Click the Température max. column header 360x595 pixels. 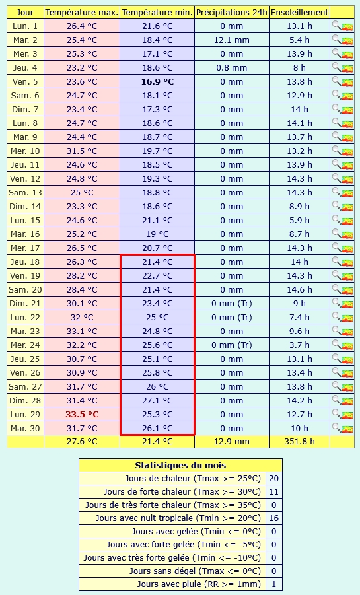(x=82, y=13)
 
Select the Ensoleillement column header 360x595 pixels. (x=300, y=13)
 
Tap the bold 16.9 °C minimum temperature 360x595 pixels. (x=157, y=82)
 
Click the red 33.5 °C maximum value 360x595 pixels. (x=82, y=414)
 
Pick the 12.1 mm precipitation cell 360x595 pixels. (x=232, y=40)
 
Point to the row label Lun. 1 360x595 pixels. (x=25, y=26)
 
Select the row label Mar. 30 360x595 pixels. (x=25, y=429)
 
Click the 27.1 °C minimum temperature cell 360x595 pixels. (x=157, y=401)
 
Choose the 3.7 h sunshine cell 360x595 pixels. (x=300, y=345)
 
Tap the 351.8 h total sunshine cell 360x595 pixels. (x=300, y=442)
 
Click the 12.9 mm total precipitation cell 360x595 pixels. (x=232, y=442)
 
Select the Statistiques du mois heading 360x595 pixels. (x=180, y=465)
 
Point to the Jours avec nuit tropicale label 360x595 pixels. (x=178, y=518)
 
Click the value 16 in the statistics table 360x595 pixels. (x=273, y=518)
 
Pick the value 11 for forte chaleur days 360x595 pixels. (x=273, y=492)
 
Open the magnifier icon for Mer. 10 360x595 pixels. (x=336, y=150)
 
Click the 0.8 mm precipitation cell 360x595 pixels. (x=232, y=68)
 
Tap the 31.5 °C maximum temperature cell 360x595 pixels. (x=82, y=151)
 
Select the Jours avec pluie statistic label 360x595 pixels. (x=199, y=584)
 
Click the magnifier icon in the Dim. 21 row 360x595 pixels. (x=336, y=302)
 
